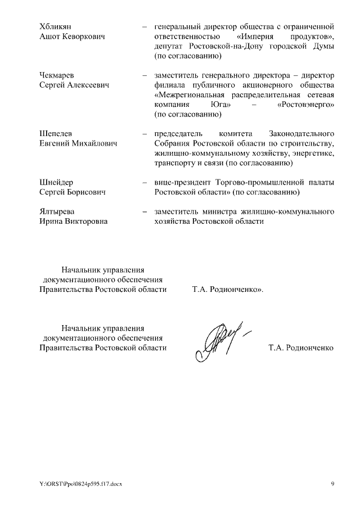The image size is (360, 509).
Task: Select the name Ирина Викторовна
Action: [73, 222]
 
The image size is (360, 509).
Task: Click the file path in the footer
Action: [80, 485]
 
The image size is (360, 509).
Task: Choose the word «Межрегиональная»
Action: [186, 95]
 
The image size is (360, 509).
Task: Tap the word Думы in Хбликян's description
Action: [323, 46]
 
